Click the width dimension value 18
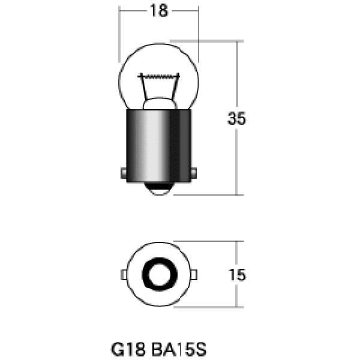click(159, 10)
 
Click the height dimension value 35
click(237, 118)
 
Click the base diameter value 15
click(238, 275)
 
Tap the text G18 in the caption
click(125, 348)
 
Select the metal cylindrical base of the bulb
click(158, 144)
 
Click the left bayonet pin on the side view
click(122, 173)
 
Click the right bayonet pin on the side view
click(194, 173)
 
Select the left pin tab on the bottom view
click(123, 275)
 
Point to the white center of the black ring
click(158, 275)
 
